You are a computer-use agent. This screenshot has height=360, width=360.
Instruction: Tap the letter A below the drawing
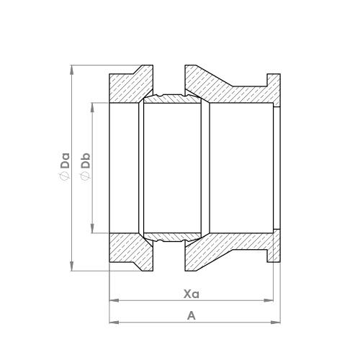pyautogui.click(x=190, y=315)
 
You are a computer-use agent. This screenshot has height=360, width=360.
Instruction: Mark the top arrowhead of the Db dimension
pyautogui.click(x=92, y=105)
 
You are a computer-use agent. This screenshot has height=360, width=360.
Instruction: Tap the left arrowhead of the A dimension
pyautogui.click(x=112, y=322)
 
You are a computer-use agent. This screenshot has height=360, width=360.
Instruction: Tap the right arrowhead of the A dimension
pyautogui.click(x=275, y=322)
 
